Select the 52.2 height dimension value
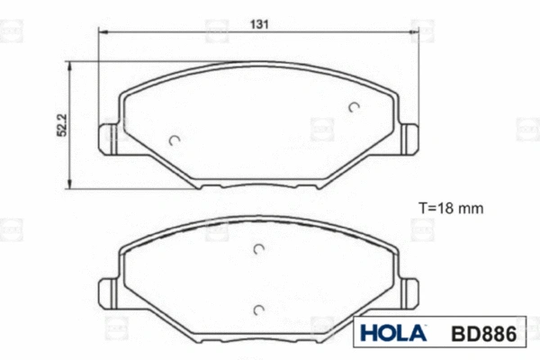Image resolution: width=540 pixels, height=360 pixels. click(62, 125)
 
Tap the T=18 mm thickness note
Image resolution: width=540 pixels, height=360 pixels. click(451, 207)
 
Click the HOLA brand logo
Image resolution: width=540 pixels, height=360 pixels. click(393, 333)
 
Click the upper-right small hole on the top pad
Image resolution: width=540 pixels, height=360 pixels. click(353, 107)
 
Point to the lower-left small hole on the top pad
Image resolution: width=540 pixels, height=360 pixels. click(175, 139)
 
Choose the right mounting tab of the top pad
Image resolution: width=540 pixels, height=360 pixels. click(410, 137)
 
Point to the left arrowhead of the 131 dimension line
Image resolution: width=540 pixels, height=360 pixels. click(102, 32)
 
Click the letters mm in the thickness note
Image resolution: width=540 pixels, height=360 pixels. click(471, 207)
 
